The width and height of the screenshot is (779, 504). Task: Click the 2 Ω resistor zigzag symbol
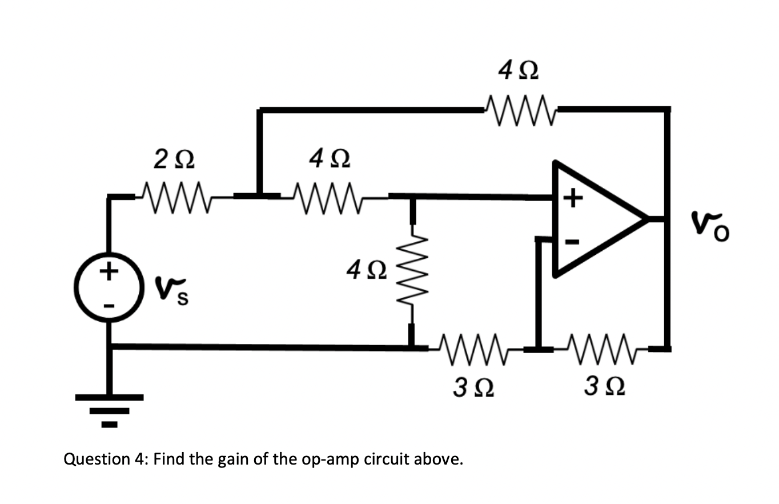(x=175, y=197)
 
